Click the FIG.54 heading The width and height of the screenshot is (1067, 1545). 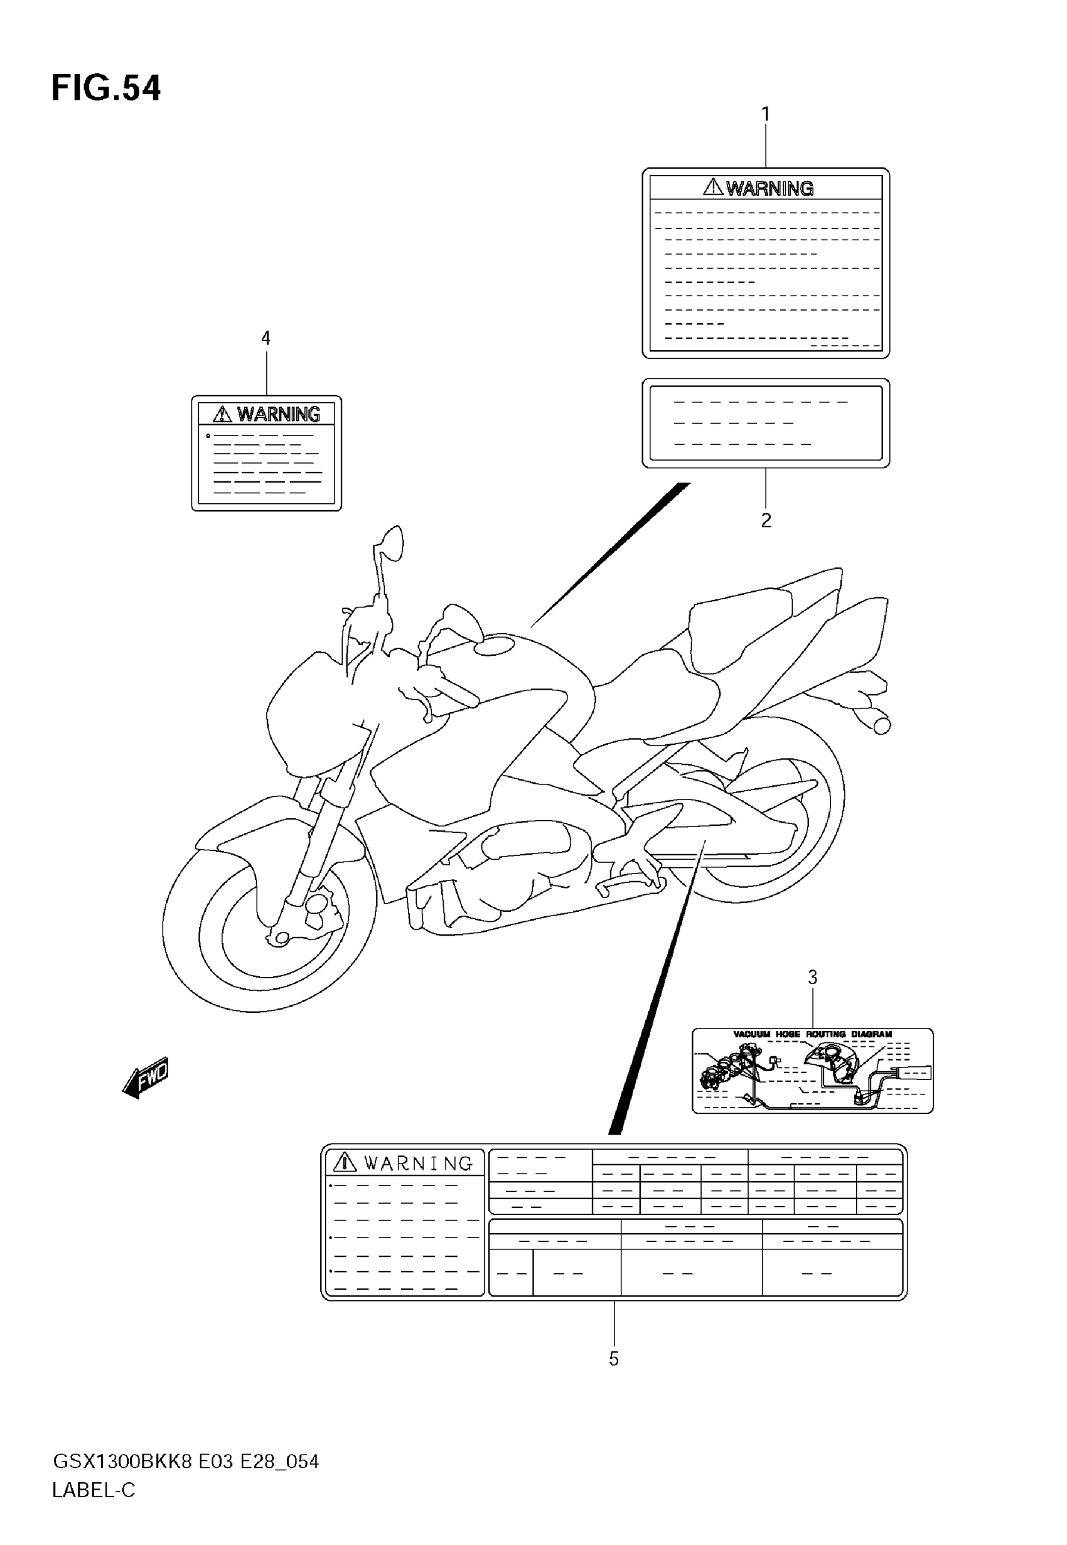[x=105, y=89]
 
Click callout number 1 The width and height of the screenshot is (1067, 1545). [x=766, y=114]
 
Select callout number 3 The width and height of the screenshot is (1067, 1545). [x=812, y=978]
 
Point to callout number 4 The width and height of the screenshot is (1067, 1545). [x=265, y=338]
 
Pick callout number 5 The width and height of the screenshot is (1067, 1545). [x=614, y=1359]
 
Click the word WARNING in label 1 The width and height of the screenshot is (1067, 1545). [x=769, y=188]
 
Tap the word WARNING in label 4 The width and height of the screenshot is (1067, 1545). [x=278, y=414]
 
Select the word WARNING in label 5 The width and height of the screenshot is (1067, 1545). [x=419, y=1164]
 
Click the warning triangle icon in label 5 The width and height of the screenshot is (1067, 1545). [x=345, y=1162]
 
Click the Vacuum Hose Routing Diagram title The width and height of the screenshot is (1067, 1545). [x=812, y=1034]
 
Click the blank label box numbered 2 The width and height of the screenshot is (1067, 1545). [x=766, y=423]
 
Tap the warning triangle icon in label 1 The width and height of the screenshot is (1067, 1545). [x=712, y=186]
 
